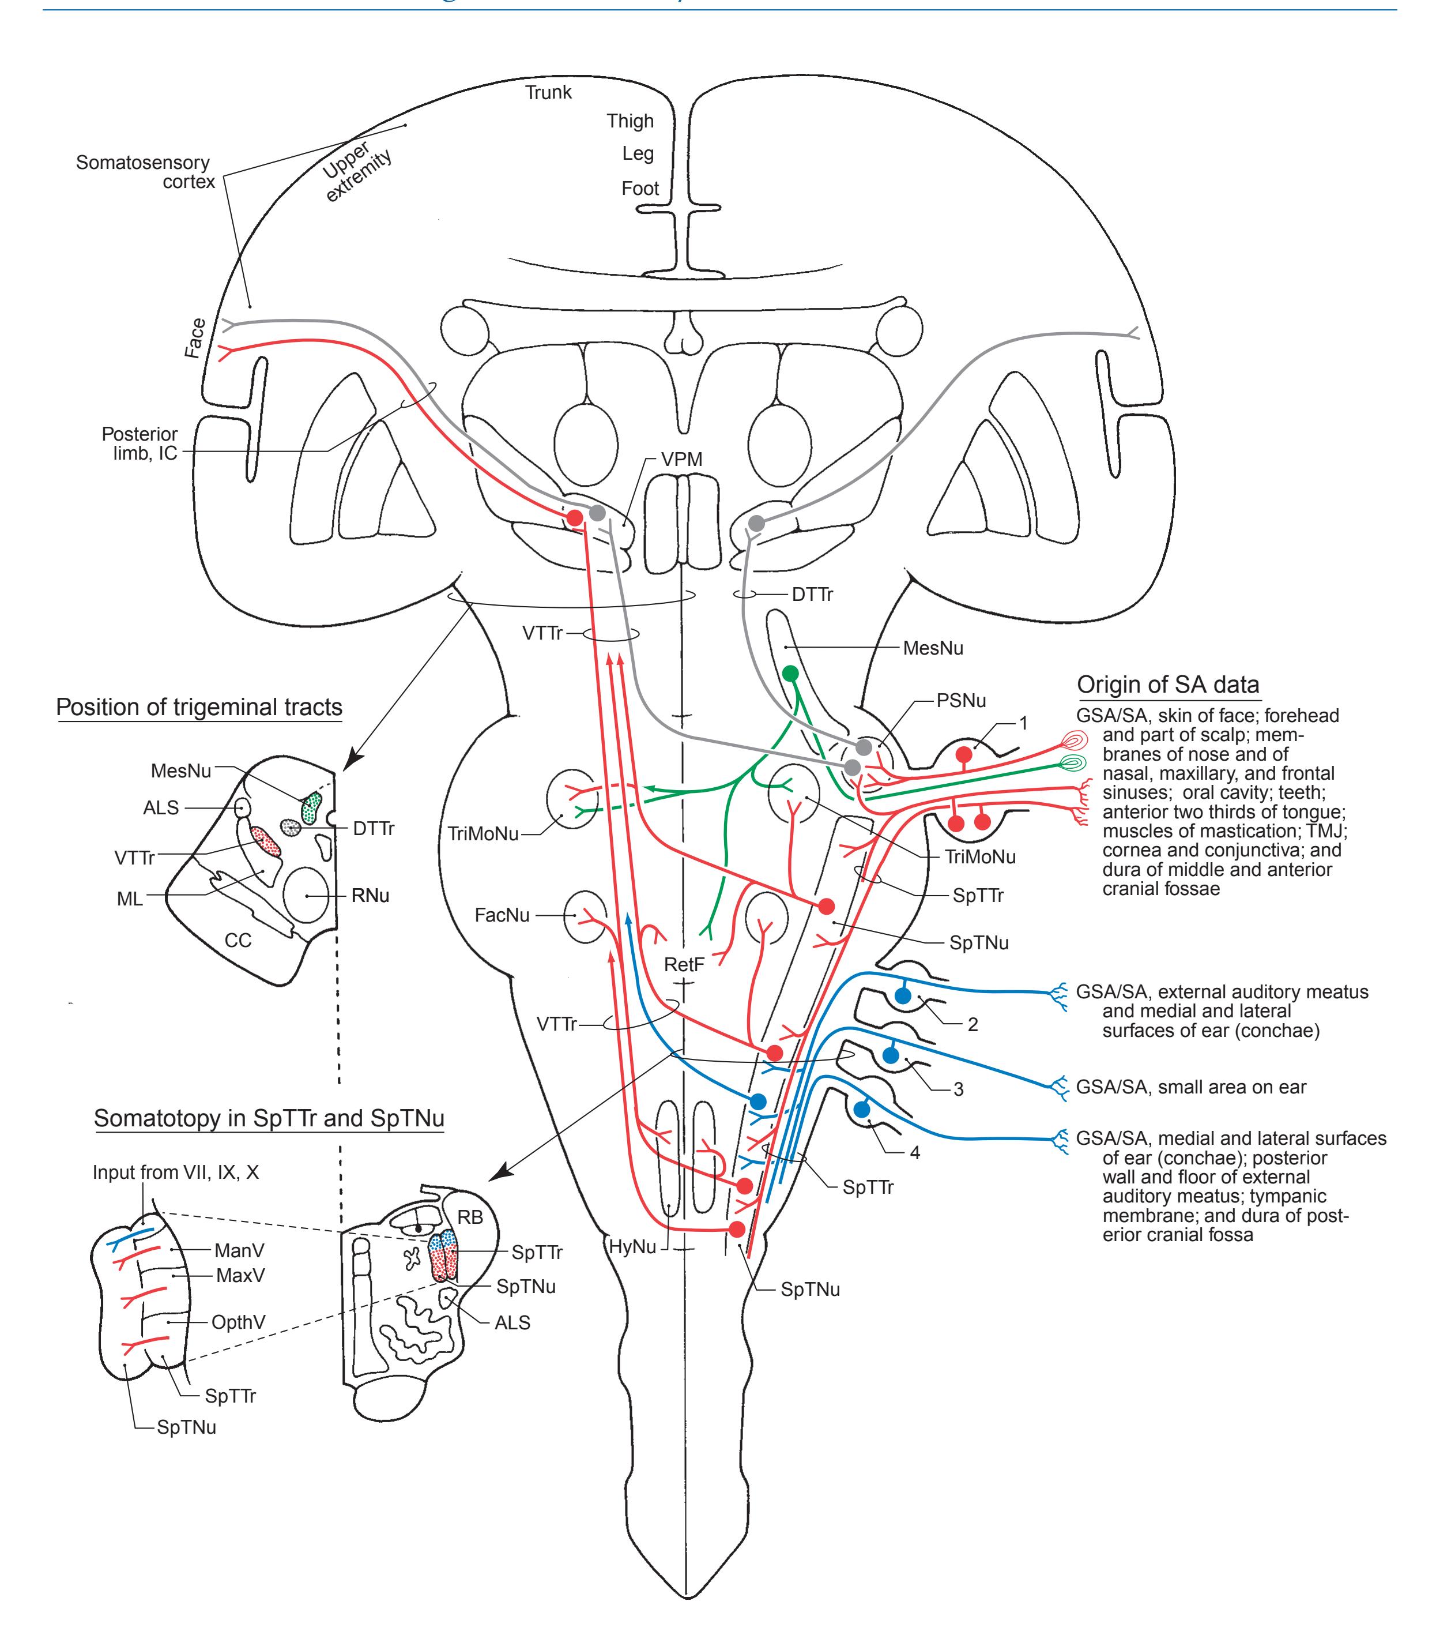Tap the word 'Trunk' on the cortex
tap(548, 92)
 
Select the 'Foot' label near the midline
tap(640, 189)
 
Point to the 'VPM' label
tap(681, 460)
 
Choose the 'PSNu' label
tap(961, 700)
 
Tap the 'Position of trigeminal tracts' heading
tap(199, 707)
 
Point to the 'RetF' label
tap(684, 964)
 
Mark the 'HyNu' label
tap(633, 1247)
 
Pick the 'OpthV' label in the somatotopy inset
tap(238, 1322)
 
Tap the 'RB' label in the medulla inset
tap(470, 1217)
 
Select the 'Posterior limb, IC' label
tap(140, 443)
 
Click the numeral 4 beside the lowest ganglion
tap(914, 1153)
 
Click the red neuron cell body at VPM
tap(575, 518)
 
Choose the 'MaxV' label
tap(240, 1275)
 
